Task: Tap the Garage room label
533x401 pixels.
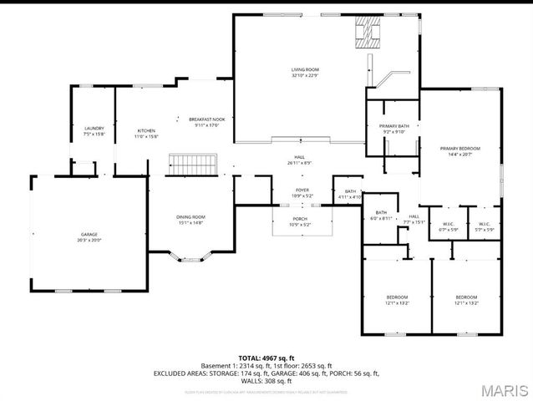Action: click(x=89, y=235)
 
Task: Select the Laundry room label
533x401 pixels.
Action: click(x=94, y=128)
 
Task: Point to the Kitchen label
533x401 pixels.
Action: click(x=146, y=130)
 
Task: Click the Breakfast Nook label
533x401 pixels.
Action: click(x=206, y=119)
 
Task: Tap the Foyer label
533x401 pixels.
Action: click(x=302, y=190)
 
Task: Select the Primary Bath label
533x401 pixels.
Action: click(x=393, y=125)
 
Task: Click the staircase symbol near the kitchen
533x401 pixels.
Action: click(x=193, y=164)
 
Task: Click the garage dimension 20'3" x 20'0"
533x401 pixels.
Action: click(x=89, y=240)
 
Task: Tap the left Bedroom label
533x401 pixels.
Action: click(x=397, y=297)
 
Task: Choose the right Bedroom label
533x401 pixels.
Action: click(x=466, y=297)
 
